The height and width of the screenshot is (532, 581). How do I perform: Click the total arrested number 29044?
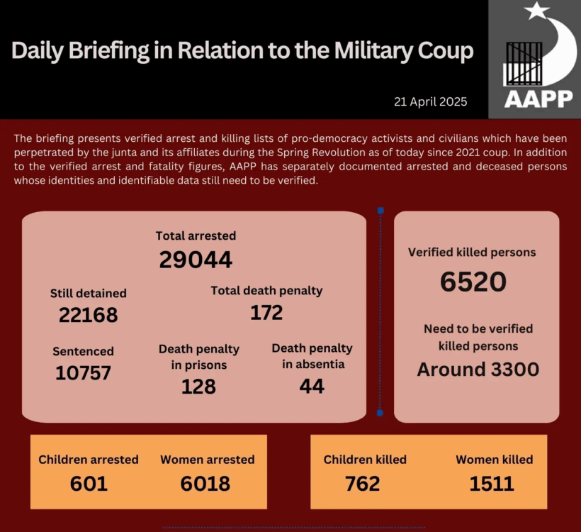(x=196, y=260)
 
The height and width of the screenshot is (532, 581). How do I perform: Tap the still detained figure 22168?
(x=88, y=315)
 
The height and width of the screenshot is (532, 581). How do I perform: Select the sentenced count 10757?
(x=83, y=372)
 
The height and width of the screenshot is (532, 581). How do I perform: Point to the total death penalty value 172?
(x=266, y=312)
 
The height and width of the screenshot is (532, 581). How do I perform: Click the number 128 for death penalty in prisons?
(x=198, y=386)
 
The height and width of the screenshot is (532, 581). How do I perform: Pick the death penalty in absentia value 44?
(x=312, y=386)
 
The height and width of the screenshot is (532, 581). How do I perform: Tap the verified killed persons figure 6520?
(x=473, y=282)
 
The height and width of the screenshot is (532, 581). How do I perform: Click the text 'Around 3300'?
(x=478, y=370)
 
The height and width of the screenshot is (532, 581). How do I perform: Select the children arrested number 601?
(x=89, y=484)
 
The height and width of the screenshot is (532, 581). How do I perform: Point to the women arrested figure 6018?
(x=205, y=484)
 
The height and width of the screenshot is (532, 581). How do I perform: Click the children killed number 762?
(x=362, y=484)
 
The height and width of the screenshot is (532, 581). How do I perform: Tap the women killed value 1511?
(x=492, y=484)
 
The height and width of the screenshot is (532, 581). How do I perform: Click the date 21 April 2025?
(x=431, y=101)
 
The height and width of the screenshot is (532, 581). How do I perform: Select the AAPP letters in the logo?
(x=538, y=99)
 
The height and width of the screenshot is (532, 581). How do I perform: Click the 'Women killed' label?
(x=494, y=460)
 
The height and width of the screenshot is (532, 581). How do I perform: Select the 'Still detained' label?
(x=88, y=293)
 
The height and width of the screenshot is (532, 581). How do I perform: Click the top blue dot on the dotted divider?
(x=380, y=211)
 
